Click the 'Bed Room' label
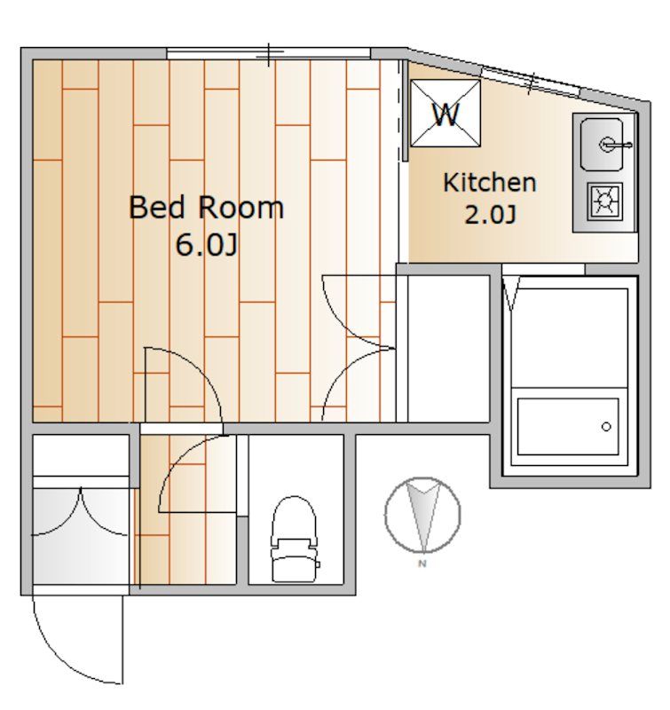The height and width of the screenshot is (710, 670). point(207,208)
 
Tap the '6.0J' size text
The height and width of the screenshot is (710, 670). point(207,245)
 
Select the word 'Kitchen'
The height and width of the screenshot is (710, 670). point(490,183)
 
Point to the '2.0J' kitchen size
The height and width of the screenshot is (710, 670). point(490,215)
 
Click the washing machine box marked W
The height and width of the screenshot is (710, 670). point(445,114)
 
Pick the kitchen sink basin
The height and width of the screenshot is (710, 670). point(602,145)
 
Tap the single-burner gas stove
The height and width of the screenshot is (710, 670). point(605,201)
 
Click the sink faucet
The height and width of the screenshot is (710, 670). point(615,145)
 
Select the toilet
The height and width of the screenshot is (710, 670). point(295,539)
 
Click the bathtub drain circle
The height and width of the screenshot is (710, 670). point(606,427)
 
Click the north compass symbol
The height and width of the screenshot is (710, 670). point(422,515)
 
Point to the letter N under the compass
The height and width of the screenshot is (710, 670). point(422,564)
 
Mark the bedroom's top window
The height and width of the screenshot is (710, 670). point(269,53)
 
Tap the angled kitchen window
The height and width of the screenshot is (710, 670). point(531,82)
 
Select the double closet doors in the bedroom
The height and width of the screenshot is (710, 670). point(359,348)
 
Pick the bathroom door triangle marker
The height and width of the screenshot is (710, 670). point(511,293)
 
